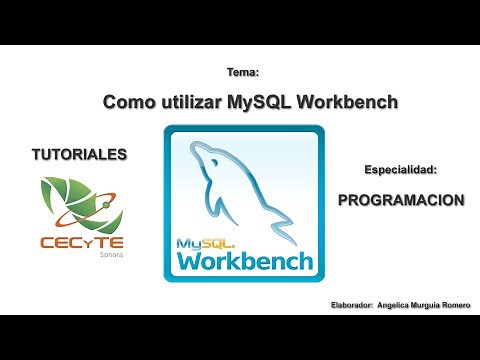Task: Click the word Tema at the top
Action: click(243, 72)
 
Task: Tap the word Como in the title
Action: click(128, 101)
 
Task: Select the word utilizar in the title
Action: click(189, 101)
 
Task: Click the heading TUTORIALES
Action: click(80, 155)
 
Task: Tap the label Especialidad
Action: click(401, 171)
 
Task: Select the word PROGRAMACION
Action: click(401, 199)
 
